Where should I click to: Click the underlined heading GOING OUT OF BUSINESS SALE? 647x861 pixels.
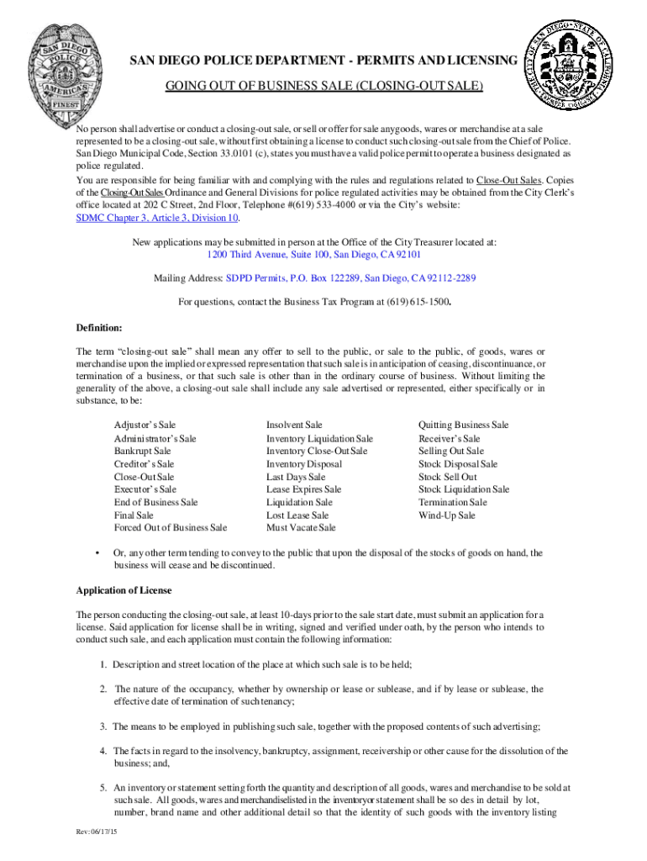[x=323, y=87]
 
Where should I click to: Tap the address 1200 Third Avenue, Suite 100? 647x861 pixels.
[x=314, y=254]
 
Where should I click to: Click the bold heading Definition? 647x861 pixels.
[x=99, y=326]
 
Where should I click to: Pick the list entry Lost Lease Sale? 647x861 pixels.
[x=297, y=515]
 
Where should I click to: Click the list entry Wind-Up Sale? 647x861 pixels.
[x=447, y=515]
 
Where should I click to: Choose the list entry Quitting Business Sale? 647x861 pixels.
[x=463, y=425]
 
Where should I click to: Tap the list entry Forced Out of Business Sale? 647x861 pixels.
[x=171, y=527]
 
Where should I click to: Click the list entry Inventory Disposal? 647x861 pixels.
[x=304, y=464]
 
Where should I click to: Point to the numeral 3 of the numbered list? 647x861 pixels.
[x=103, y=726]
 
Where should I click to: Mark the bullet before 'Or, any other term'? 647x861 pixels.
[x=100, y=552]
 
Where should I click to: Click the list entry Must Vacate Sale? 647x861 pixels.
[x=301, y=527]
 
